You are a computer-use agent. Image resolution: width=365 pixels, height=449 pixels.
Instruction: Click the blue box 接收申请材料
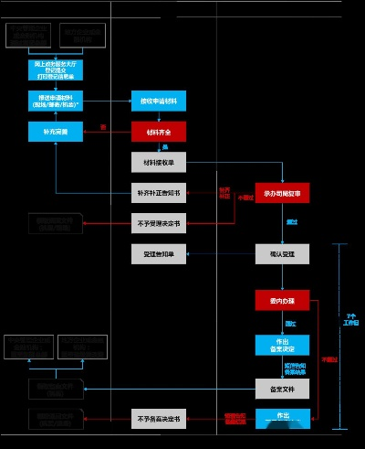[160, 102]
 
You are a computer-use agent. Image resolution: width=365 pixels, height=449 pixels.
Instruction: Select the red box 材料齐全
[160, 132]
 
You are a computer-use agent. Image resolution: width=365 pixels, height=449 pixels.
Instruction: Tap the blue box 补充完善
[56, 132]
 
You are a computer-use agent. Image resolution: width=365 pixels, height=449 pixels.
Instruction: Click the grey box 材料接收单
[160, 163]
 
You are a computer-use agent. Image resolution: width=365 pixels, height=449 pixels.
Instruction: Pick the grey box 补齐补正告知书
[160, 192]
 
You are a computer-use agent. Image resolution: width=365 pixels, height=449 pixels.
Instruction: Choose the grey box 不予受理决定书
[160, 222]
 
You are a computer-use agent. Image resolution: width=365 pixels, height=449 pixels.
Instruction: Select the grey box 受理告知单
[160, 253]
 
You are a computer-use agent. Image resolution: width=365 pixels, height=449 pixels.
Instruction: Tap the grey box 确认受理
[282, 253]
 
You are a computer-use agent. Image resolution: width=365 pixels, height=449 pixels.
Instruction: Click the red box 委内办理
[282, 299]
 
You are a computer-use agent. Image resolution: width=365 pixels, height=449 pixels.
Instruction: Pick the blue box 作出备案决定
[282, 345]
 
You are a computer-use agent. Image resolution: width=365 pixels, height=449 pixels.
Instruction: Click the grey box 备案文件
[282, 389]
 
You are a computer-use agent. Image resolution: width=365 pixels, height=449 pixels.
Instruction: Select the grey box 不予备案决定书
[160, 419]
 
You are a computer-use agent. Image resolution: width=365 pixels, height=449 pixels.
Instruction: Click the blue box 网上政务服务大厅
[56, 69]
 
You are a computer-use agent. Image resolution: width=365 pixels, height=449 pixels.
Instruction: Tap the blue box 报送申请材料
[56, 102]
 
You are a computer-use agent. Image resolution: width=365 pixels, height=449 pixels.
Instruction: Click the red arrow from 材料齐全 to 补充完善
[108, 132]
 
